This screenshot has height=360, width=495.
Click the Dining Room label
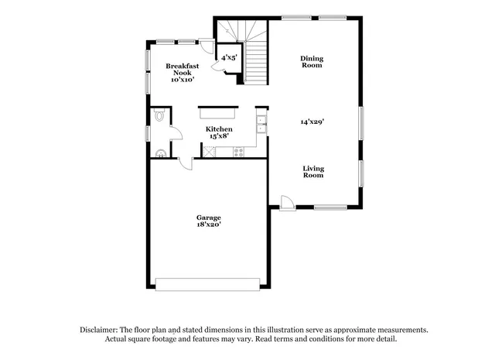click(311, 61)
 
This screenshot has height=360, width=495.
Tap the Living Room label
click(313, 172)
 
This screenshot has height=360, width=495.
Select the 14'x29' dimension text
click(312, 122)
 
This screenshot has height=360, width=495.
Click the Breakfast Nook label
click(182, 72)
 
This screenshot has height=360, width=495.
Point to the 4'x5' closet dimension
click(229, 58)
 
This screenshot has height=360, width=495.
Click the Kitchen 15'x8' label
click(219, 132)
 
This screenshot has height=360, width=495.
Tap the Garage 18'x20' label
click(208, 221)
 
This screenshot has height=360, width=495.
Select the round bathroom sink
click(160, 153)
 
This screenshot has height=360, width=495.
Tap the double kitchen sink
click(262, 124)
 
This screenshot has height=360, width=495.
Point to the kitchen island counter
click(219, 110)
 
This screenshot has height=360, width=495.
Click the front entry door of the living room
click(287, 203)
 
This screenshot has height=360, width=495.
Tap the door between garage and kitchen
click(186, 162)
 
